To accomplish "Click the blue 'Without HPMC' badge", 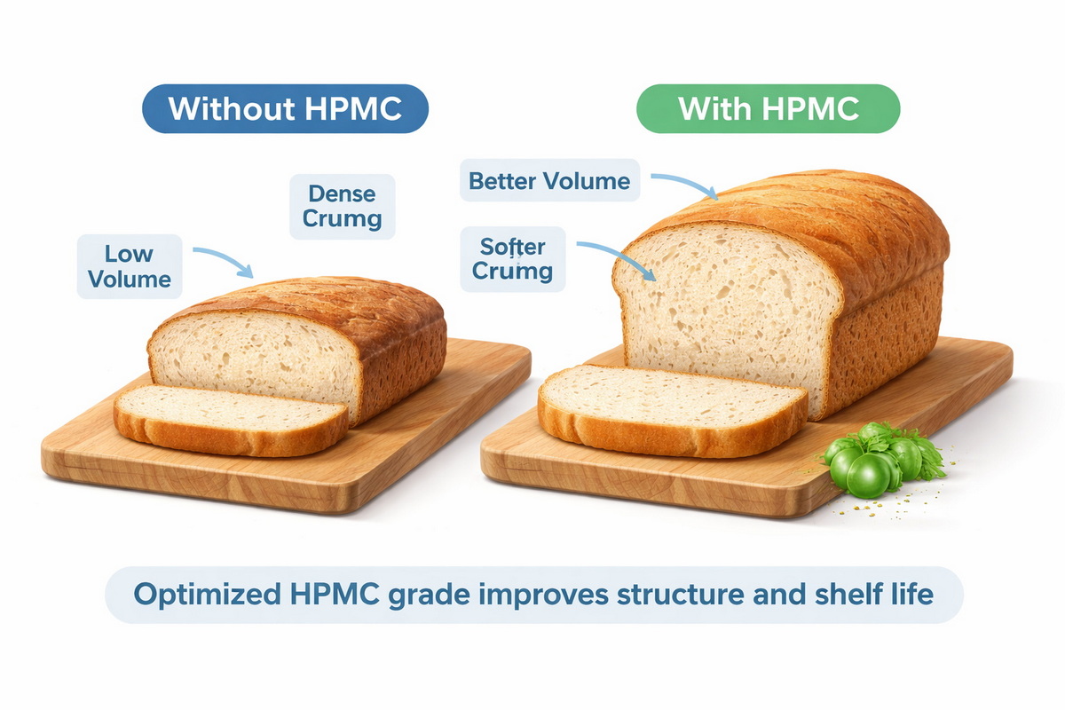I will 285,108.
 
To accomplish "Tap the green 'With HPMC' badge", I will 769,108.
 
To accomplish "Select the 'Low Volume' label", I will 130,265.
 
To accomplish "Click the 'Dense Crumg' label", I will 342,206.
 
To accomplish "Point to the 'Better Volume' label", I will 549,182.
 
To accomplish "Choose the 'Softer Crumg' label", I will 512,258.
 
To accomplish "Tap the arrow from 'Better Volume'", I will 684,185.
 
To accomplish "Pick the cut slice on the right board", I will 672,408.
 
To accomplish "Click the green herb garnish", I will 875,458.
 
